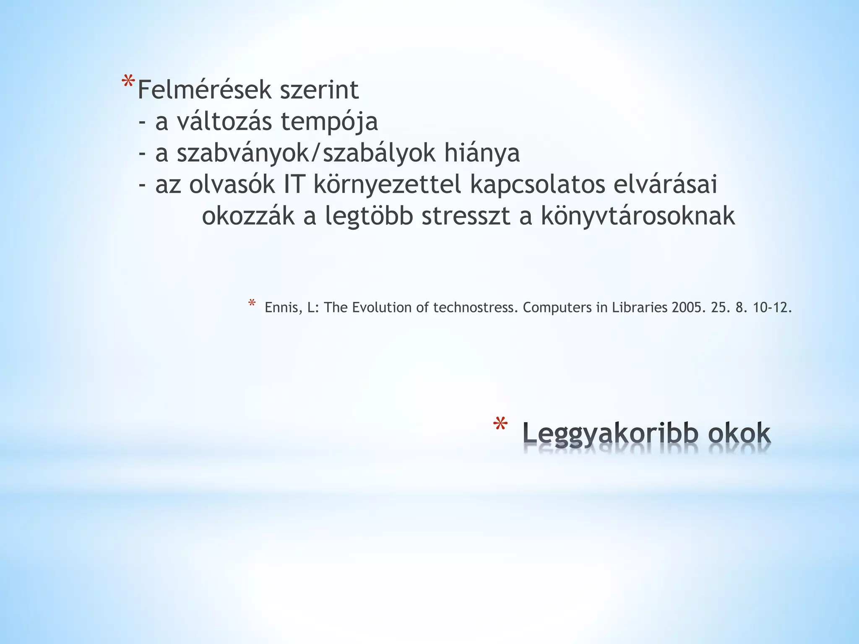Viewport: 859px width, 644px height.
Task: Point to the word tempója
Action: pyautogui.click(x=329, y=122)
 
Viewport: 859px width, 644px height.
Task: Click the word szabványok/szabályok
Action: pyautogui.click(x=306, y=153)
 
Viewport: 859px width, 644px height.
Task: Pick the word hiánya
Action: pyautogui.click(x=482, y=153)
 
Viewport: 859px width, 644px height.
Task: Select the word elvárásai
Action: pyautogui.click(x=665, y=185)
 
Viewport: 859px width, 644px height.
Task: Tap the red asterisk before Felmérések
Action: pyautogui.click(x=128, y=82)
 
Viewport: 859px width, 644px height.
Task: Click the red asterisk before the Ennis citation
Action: pyautogui.click(x=252, y=303)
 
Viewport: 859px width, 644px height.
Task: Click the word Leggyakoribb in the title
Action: pyautogui.click(x=611, y=434)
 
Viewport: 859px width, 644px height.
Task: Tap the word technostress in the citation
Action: pyautogui.click(x=474, y=308)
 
